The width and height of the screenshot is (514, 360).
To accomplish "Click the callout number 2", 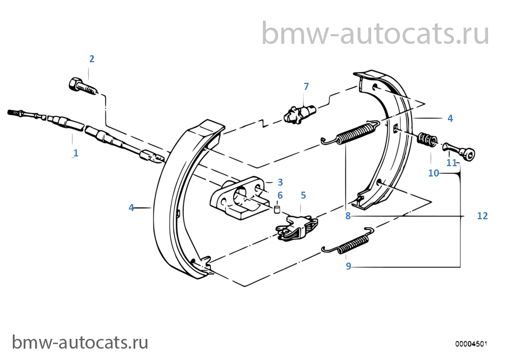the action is pyautogui.click(x=92, y=59).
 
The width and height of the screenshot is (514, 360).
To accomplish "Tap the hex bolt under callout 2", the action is pyautogui.click(x=83, y=86).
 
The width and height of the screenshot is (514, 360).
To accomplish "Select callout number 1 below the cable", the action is pyautogui.click(x=76, y=153).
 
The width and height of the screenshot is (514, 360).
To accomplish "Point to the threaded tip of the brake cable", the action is pyautogui.click(x=12, y=113).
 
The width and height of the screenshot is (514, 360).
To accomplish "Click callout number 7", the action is pyautogui.click(x=306, y=87).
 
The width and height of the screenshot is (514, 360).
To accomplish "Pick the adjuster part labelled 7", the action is pyautogui.click(x=299, y=114).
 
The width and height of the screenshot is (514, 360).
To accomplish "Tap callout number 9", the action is pyautogui.click(x=348, y=266).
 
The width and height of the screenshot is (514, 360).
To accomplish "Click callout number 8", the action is pyautogui.click(x=348, y=216).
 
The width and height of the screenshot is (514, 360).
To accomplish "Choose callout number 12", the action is pyautogui.click(x=482, y=216).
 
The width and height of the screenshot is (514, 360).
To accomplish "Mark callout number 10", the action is pyautogui.click(x=433, y=173).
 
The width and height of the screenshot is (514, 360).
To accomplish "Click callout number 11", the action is pyautogui.click(x=451, y=162).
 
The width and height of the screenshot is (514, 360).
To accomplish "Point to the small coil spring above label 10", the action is pyautogui.click(x=427, y=140).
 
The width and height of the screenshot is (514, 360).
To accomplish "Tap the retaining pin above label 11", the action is pyautogui.click(x=459, y=152).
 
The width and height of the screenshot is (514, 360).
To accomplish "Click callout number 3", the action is pyautogui.click(x=280, y=182).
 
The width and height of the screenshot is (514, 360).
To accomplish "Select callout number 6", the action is pyautogui.click(x=280, y=195).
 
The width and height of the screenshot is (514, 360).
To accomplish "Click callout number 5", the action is pyautogui.click(x=303, y=195).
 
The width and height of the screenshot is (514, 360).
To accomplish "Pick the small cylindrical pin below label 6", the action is pyautogui.click(x=278, y=209).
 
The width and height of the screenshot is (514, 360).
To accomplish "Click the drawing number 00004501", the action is pyautogui.click(x=471, y=344).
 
